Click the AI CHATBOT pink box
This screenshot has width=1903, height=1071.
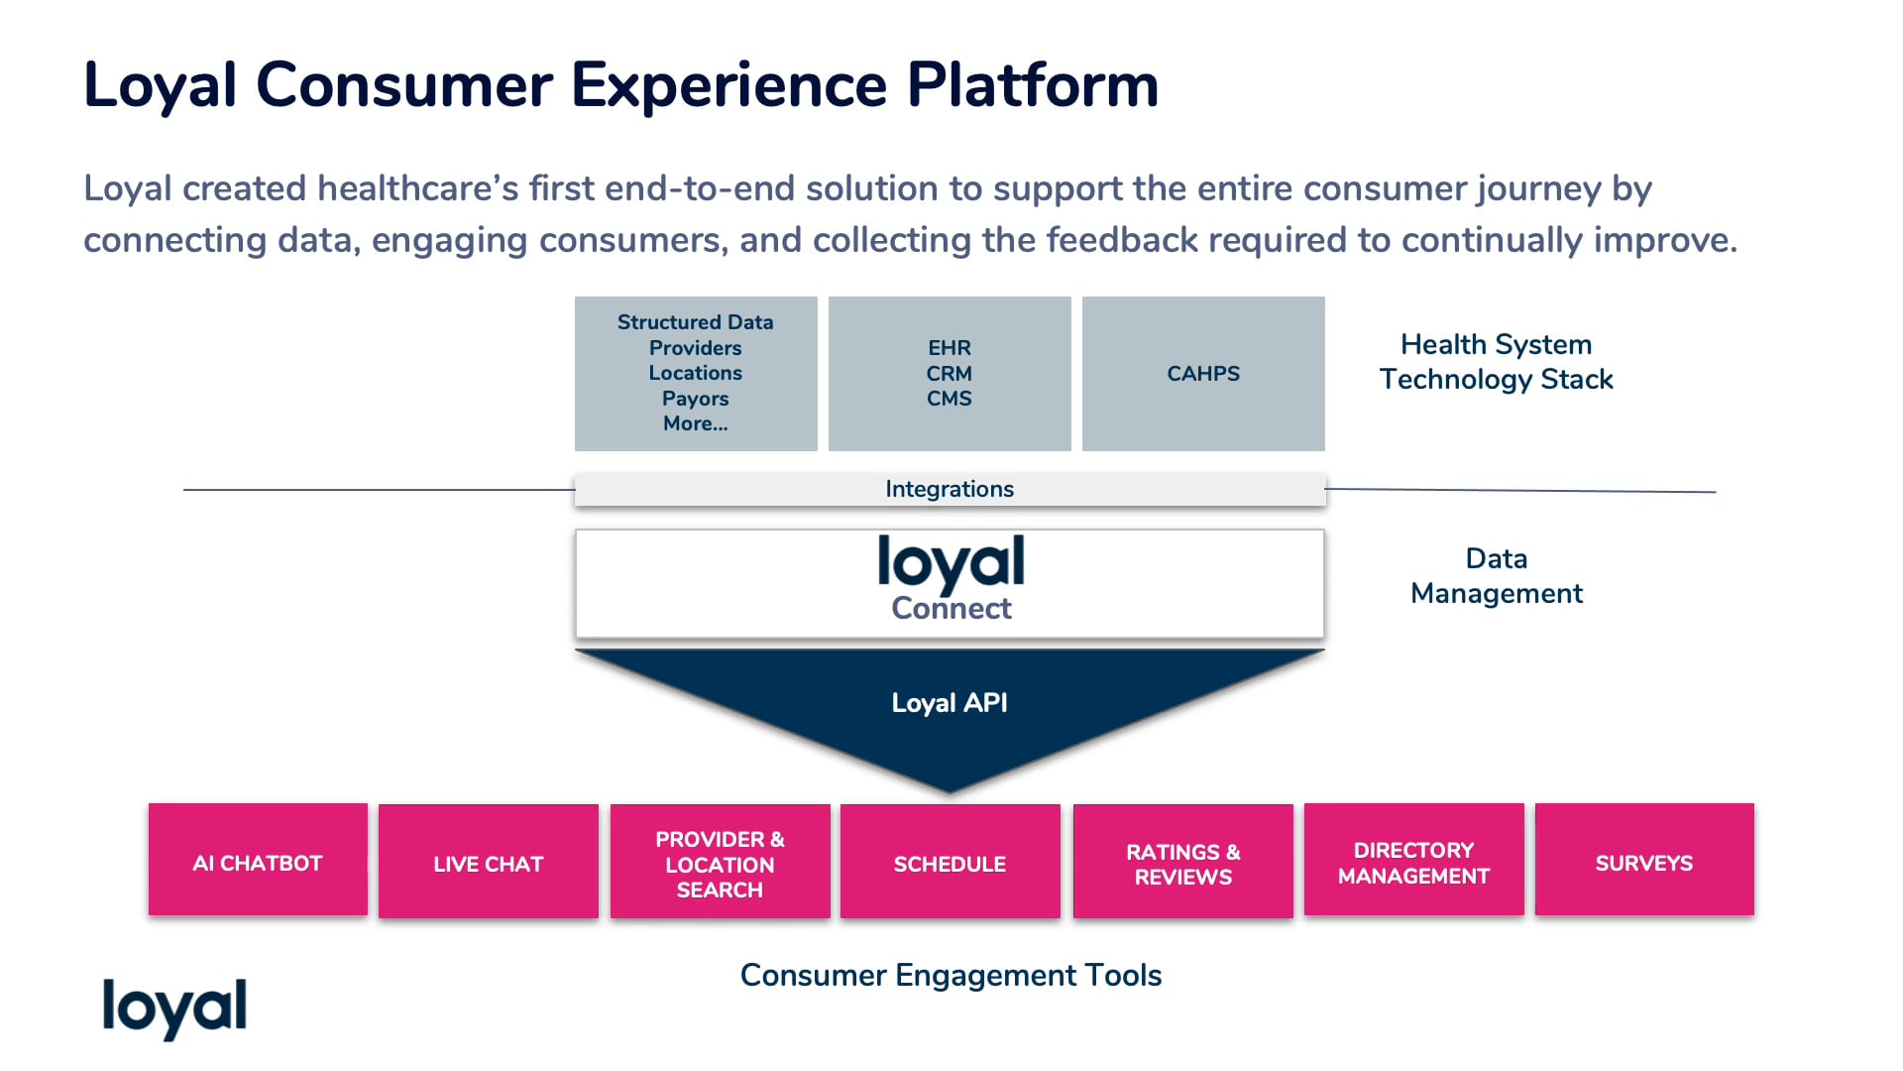258,861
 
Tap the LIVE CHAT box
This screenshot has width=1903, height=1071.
488,862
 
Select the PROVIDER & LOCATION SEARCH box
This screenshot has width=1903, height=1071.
720,863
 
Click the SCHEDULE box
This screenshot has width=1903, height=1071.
950,863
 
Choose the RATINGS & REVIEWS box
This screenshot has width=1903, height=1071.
1182,863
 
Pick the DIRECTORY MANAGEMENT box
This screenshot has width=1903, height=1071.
1413,862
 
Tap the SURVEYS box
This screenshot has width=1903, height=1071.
1643,861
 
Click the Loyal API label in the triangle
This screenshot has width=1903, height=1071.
949,702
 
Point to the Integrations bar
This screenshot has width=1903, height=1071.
949,489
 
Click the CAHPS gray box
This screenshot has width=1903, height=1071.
1202,374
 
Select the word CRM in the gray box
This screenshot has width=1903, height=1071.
949,374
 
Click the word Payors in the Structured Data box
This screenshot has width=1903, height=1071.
695,399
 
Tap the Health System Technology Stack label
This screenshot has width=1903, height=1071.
1496,361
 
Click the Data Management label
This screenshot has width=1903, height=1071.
1496,575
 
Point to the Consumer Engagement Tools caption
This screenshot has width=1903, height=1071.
951,975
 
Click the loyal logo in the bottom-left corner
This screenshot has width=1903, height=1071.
174,1007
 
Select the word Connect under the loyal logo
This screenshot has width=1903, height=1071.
951,608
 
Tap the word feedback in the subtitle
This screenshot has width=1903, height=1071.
1122,240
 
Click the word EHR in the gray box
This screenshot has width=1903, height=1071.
949,348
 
